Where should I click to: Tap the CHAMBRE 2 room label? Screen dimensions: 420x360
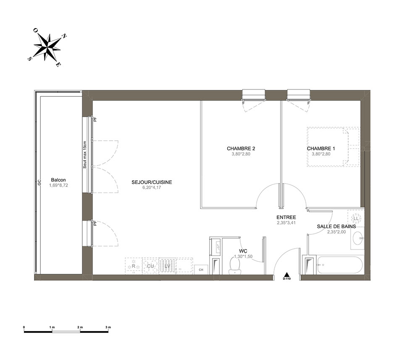tap(241, 148)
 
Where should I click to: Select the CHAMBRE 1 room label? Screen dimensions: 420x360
tap(321, 148)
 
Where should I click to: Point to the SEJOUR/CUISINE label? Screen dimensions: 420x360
tap(152, 182)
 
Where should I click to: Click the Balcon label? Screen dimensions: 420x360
tap(58, 180)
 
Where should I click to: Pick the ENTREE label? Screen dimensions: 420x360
tap(286, 217)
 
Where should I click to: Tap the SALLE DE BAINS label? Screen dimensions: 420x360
tap(336, 226)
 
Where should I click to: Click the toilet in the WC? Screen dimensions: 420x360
tap(235, 266)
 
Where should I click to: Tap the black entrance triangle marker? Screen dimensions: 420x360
tap(286, 274)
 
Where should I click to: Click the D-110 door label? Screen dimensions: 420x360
tap(286, 279)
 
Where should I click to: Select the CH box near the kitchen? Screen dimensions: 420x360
tap(201, 269)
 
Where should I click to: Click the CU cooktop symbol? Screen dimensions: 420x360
tap(150, 266)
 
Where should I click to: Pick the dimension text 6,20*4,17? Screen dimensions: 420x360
tap(152, 187)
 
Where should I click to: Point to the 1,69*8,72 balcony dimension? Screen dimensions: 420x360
tap(58, 185)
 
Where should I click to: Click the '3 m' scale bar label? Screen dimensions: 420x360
tap(108, 327)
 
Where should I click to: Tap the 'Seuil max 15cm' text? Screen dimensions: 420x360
tap(85, 155)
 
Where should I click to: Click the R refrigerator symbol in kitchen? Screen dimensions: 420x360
tap(134, 266)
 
